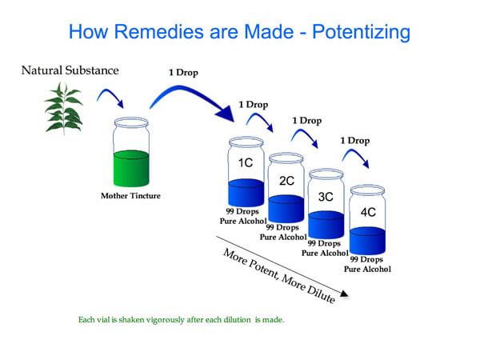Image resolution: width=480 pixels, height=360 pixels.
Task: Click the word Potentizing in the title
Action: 362,32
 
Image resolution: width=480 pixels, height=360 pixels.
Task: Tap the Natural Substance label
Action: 70,70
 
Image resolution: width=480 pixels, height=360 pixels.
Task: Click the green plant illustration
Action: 64,109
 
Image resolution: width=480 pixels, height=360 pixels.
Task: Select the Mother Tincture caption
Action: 130,196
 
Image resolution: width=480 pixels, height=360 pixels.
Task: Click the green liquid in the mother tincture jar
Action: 131,168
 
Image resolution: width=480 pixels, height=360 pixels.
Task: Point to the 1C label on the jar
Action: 246,163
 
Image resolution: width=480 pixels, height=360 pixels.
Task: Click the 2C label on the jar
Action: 286,181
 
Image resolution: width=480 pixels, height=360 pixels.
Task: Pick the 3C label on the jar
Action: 326,197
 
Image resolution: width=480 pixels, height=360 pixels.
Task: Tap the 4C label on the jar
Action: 368,212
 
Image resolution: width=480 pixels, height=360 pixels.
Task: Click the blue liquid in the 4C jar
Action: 368,241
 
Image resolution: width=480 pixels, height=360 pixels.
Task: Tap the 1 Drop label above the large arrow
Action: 183,73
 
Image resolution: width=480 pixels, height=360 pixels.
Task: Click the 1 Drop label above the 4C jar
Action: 355,141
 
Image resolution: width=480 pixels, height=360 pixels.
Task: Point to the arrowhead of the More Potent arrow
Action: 344,294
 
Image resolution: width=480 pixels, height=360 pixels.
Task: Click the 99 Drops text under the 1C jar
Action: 242,211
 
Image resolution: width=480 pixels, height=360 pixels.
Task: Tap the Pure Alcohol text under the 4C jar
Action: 367,270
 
